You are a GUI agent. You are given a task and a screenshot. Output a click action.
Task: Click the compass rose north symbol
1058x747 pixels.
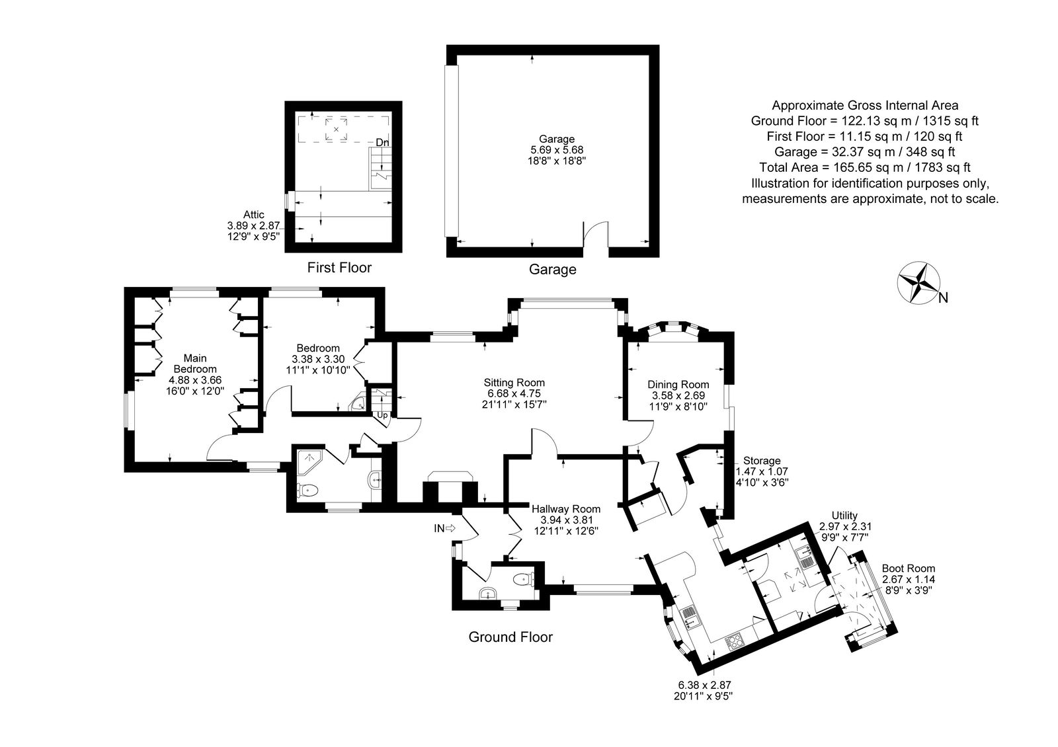(x=918, y=284)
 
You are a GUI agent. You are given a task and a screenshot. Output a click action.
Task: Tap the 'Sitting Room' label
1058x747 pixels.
(x=514, y=383)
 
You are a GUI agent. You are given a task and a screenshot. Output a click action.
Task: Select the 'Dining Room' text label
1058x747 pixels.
(x=678, y=384)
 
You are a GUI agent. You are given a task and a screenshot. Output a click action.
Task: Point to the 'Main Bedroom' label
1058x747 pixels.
(x=195, y=364)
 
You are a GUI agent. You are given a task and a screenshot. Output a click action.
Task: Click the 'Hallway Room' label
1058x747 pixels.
(x=566, y=509)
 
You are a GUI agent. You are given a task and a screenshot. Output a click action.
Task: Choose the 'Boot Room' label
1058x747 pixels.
(x=909, y=569)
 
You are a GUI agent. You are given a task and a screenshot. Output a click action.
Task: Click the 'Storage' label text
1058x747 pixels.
(x=762, y=460)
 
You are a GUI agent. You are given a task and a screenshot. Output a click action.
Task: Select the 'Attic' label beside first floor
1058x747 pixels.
(x=254, y=214)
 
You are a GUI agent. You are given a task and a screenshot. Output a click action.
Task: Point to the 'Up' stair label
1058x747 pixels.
(x=382, y=416)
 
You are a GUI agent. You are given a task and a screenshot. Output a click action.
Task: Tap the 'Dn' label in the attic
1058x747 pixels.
(x=383, y=142)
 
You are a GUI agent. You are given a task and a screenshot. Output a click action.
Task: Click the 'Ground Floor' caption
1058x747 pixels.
(x=510, y=637)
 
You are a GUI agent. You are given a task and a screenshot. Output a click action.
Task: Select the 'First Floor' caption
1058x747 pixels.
(x=339, y=268)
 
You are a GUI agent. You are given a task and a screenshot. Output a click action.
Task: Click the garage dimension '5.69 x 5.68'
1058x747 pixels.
(x=557, y=149)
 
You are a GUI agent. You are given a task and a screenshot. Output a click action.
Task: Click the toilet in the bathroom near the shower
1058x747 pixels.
(x=307, y=491)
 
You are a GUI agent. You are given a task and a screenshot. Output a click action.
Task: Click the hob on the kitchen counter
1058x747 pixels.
(x=735, y=642)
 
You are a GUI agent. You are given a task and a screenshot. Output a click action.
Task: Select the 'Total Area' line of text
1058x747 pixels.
(x=865, y=167)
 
